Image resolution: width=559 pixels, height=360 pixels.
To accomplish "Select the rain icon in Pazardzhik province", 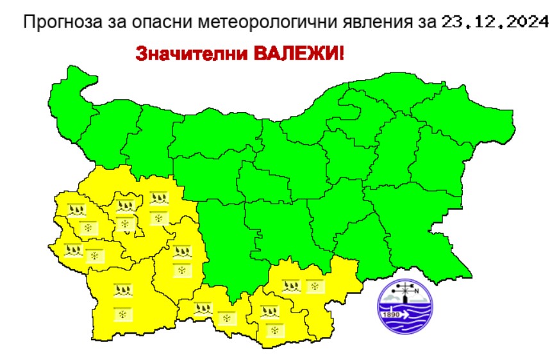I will [x=182, y=250].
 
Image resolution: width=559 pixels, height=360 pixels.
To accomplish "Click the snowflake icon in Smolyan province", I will [x=225, y=318].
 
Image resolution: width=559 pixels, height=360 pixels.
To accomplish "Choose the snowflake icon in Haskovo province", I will [x=315, y=286].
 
